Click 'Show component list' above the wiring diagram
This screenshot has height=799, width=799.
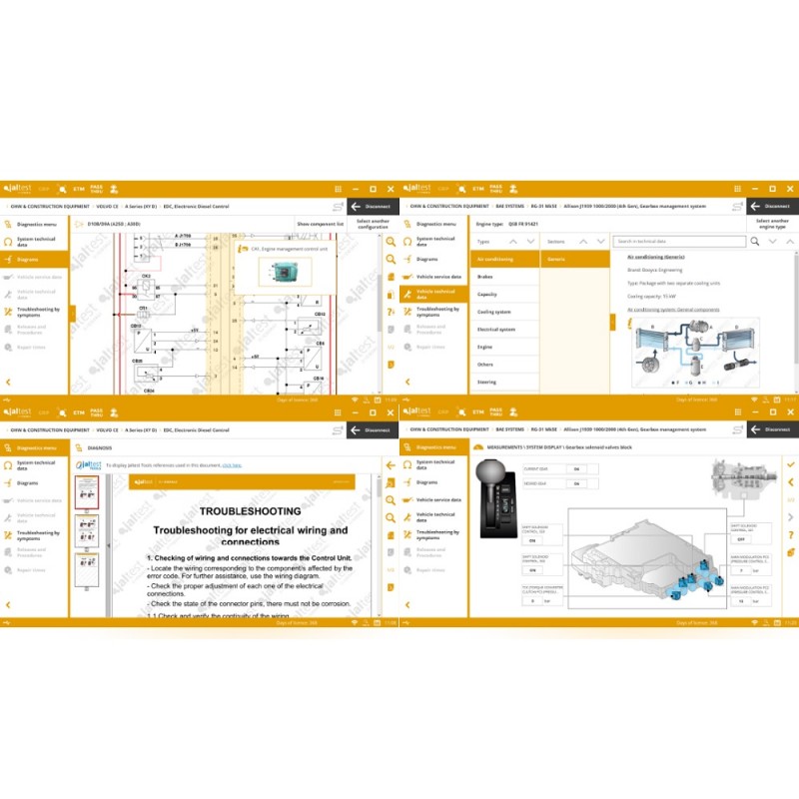click(320, 224)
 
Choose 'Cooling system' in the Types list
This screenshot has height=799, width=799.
click(494, 312)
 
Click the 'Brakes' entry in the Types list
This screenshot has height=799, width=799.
click(485, 277)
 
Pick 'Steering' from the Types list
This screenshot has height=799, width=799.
click(487, 382)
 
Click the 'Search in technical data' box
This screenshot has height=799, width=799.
click(679, 241)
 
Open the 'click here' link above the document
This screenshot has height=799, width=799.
click(232, 464)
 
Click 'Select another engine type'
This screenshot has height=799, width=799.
click(773, 224)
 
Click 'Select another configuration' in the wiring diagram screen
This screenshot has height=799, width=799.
click(373, 224)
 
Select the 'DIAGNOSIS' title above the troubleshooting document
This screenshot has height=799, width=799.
click(100, 448)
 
